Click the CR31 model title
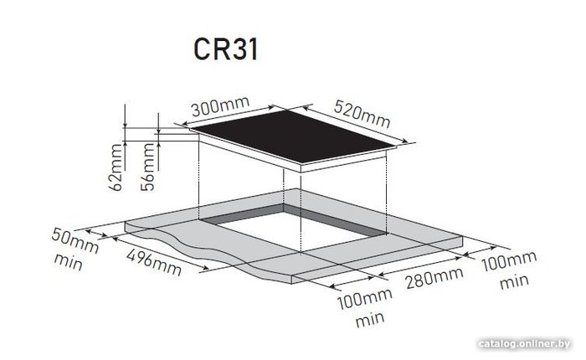click(x=226, y=49)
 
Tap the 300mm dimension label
click(x=220, y=106)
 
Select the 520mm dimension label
click(x=362, y=113)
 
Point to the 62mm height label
click(x=116, y=167)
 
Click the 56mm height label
click(x=148, y=167)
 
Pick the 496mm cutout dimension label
click(x=154, y=262)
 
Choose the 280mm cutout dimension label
click(x=434, y=278)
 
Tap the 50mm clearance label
click(x=75, y=241)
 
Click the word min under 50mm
click(x=69, y=262)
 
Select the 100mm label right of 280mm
click(x=509, y=261)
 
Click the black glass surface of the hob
click(x=293, y=136)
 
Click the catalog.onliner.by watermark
click(x=524, y=343)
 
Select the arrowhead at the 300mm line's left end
click(x=186, y=123)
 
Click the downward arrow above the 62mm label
click(x=126, y=115)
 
